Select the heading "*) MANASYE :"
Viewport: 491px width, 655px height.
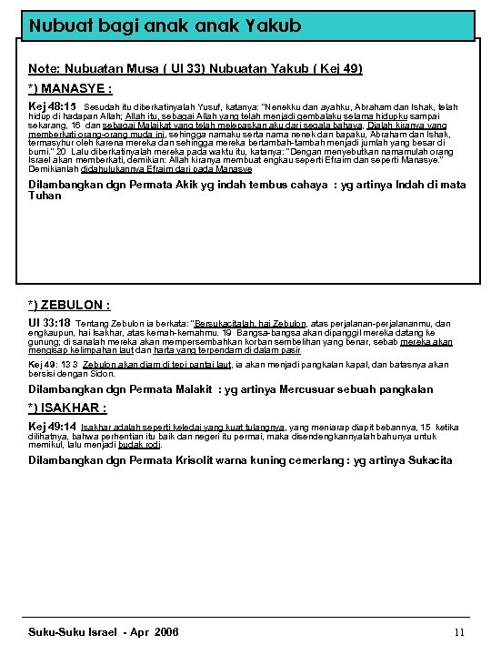[x=69, y=89]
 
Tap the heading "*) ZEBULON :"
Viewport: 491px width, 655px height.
[x=69, y=306]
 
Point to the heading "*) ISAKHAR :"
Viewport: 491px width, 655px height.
[x=67, y=408]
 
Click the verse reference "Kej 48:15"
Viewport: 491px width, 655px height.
[x=52, y=106]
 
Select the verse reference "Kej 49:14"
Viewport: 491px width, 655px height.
[x=52, y=426]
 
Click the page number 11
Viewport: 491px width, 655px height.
[x=459, y=632]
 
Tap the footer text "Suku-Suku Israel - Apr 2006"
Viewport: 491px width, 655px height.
[x=104, y=632]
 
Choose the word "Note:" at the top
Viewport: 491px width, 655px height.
[x=45, y=68]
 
